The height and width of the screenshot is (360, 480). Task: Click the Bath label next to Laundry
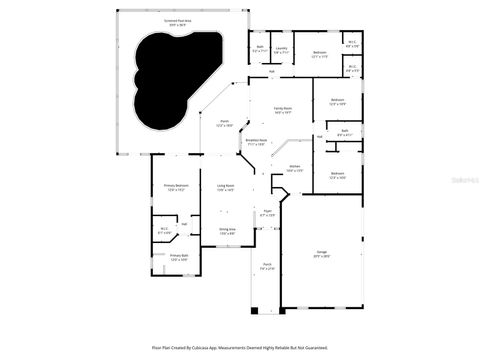(x=260, y=47)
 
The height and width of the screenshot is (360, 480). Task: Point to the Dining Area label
(x=226, y=230)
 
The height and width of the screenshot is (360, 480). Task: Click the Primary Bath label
(x=179, y=256)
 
